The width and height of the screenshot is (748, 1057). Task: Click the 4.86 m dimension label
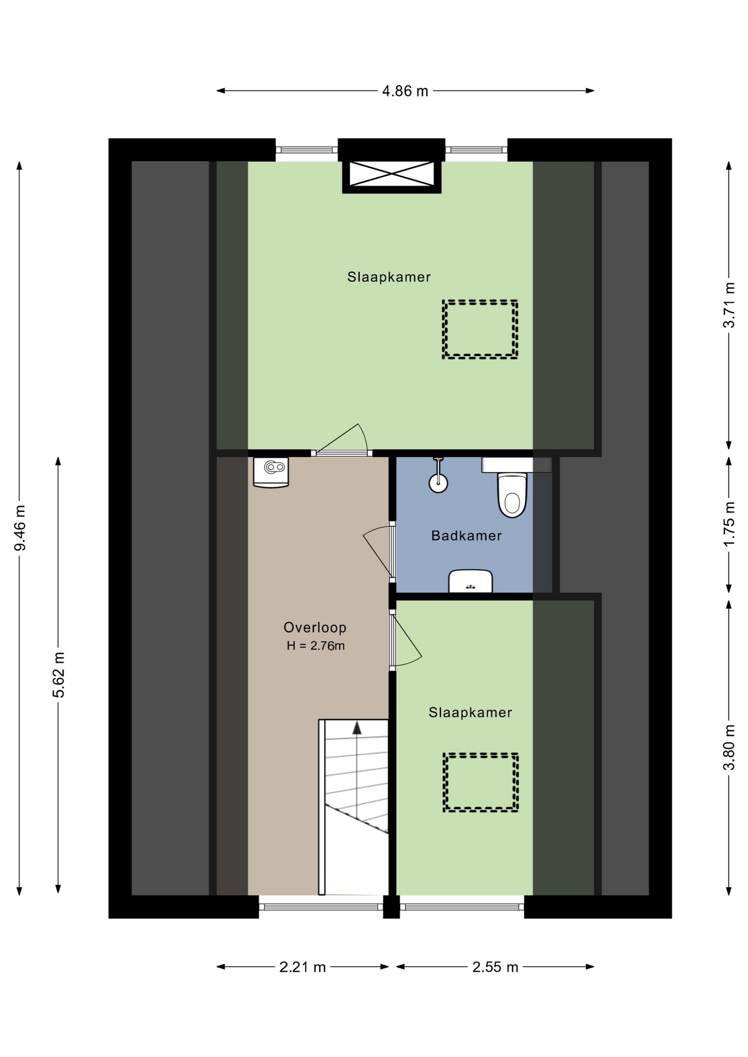405,91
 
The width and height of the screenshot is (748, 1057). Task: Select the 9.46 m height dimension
20,528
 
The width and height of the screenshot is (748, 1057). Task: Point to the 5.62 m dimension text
58,674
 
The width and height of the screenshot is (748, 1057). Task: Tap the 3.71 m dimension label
729,305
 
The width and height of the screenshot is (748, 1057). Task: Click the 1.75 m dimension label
729,524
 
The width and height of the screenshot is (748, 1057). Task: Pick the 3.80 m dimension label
729,748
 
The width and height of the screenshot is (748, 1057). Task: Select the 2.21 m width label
302,967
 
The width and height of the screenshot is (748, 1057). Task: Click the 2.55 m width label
495,967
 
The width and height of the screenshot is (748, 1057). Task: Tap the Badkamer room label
467,536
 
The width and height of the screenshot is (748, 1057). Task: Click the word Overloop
315,627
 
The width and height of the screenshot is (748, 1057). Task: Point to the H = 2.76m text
316,646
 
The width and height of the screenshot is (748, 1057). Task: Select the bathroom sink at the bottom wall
470,581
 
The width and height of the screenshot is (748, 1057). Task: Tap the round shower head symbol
438,484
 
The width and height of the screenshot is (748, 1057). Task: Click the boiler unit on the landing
271,472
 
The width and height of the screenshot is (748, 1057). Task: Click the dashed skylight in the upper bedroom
480,329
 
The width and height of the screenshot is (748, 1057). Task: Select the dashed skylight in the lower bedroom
480,782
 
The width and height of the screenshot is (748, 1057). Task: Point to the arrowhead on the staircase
357,728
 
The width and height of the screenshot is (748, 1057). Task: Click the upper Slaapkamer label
389,277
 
